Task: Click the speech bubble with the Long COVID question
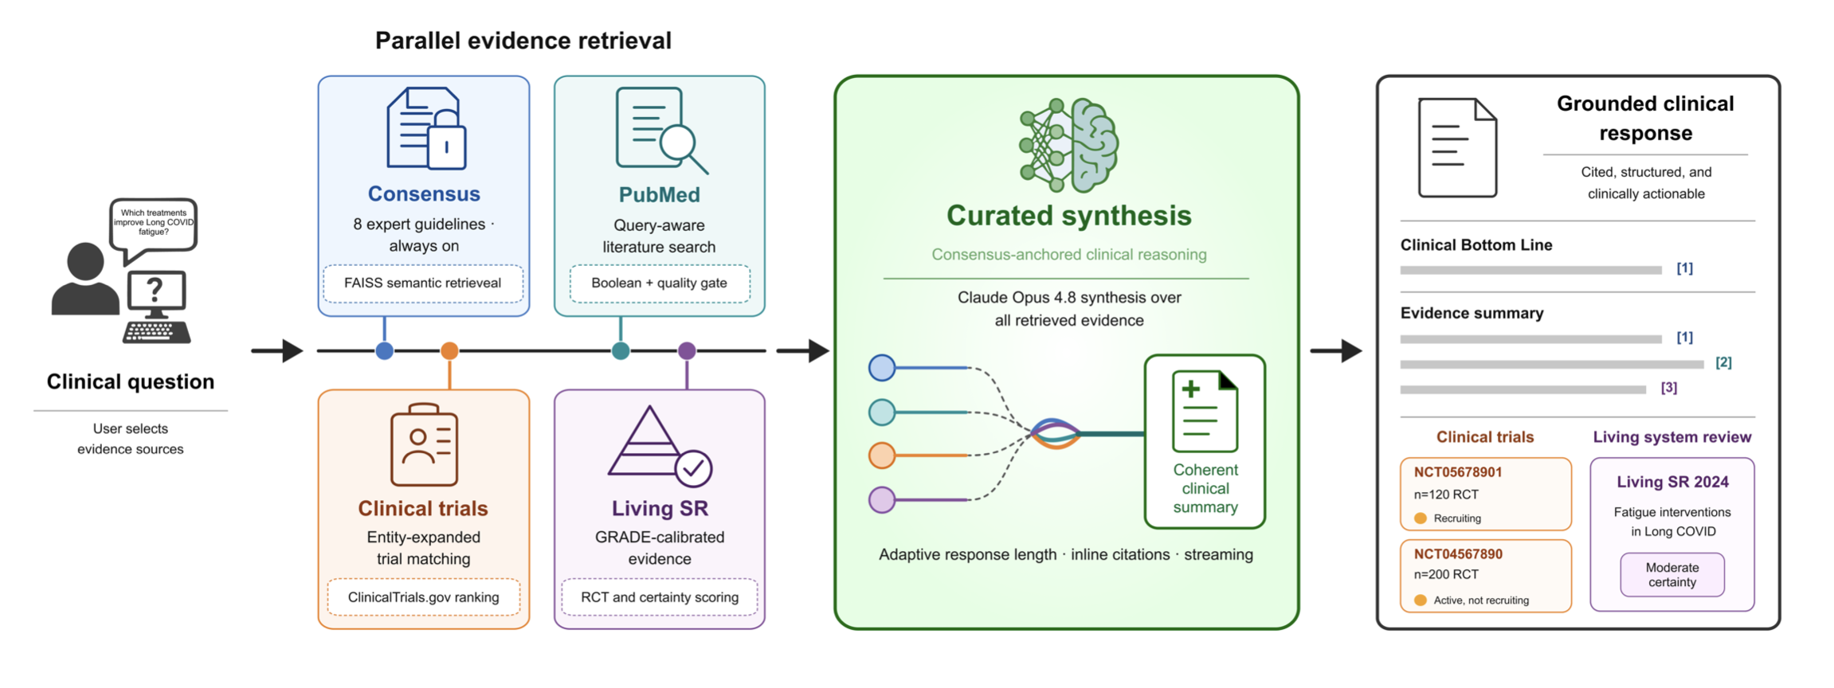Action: [153, 227]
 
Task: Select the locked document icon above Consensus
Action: [426, 128]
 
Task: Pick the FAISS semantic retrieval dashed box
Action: [423, 283]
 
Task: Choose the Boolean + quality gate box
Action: [660, 283]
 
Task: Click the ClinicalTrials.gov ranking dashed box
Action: [424, 597]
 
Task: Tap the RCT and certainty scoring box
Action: [660, 597]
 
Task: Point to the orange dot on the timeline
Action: [449, 350]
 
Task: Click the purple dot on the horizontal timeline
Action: [687, 350]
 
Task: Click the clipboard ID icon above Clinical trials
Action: [424, 444]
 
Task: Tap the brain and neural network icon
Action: [1069, 145]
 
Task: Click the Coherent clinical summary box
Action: [1205, 441]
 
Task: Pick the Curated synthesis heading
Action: [1069, 216]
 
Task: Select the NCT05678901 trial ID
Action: [1458, 472]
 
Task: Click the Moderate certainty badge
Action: [1672, 575]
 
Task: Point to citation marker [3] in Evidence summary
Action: [1669, 388]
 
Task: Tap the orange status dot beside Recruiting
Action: [1420, 518]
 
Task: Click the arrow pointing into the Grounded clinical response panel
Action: [1336, 350]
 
